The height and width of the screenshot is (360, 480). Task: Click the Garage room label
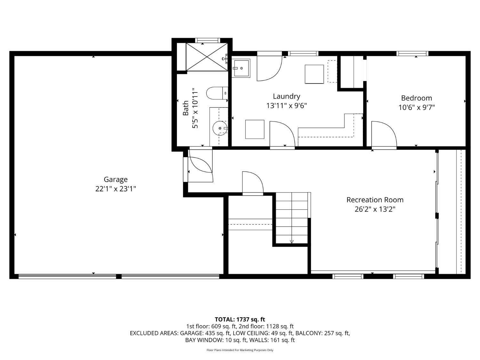(x=116, y=180)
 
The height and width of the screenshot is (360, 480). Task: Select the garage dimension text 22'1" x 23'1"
(x=116, y=189)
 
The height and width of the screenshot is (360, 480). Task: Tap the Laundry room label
(x=286, y=96)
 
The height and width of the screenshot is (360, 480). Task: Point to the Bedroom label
(x=416, y=98)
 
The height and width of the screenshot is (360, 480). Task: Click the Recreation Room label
(x=375, y=200)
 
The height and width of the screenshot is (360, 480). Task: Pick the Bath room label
(x=186, y=108)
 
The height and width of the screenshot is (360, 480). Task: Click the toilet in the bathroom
(x=216, y=93)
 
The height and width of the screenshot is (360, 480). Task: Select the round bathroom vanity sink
(x=220, y=129)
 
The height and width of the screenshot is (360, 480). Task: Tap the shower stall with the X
(x=207, y=57)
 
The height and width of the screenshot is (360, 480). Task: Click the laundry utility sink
(x=241, y=68)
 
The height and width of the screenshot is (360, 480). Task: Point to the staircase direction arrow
(x=292, y=242)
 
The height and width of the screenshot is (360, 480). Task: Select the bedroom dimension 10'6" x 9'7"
(x=416, y=108)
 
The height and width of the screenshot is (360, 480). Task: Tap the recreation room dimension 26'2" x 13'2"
(x=375, y=209)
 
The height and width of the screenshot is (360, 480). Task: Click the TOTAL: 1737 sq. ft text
(x=240, y=319)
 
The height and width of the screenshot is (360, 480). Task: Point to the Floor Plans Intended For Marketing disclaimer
(x=240, y=350)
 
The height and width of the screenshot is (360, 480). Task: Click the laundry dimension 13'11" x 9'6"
(x=286, y=106)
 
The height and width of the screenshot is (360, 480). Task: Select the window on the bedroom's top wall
(x=412, y=53)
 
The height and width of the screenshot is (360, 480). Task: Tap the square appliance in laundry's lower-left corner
(x=255, y=129)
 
